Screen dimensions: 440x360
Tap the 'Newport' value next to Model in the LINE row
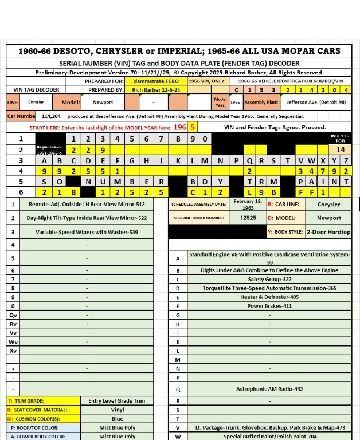click(x=103, y=103)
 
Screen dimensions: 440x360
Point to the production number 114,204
click(x=51, y=116)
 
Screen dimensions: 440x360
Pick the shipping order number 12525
click(x=248, y=218)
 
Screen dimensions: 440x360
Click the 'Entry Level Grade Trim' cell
click(x=117, y=401)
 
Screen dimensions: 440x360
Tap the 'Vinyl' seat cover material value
click(x=117, y=410)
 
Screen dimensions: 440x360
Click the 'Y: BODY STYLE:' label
click(x=285, y=233)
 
